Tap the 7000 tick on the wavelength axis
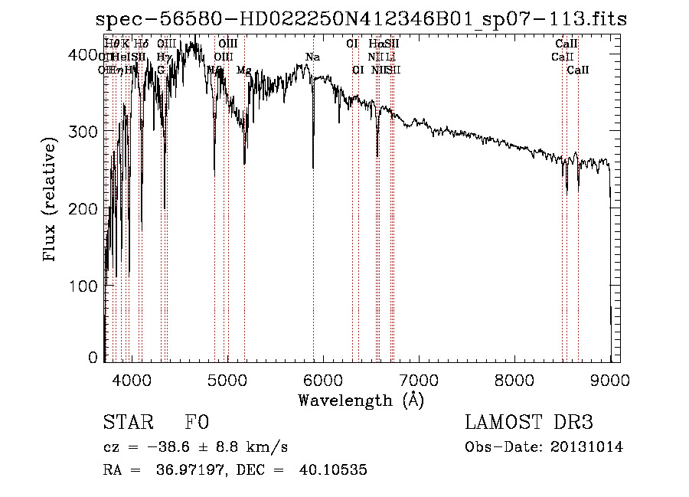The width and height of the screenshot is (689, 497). (x=418, y=379)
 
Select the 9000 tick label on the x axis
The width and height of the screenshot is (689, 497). (x=609, y=379)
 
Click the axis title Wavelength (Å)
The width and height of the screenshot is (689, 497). (x=361, y=400)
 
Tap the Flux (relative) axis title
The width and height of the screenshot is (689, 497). (x=51, y=201)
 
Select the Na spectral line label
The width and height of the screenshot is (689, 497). (x=312, y=57)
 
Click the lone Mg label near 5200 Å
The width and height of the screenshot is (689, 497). (x=243, y=70)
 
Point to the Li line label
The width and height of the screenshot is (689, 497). (x=390, y=57)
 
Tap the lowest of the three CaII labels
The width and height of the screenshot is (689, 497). (x=577, y=70)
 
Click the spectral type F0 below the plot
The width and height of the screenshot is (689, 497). (x=197, y=423)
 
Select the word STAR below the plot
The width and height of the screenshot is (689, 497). (x=126, y=423)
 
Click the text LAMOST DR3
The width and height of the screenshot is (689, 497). (x=528, y=423)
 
